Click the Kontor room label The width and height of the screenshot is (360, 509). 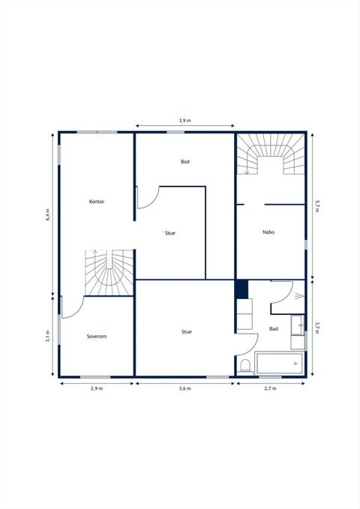pos(97,202)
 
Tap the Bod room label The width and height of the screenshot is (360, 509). pos(185,162)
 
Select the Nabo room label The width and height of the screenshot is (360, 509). pos(268,232)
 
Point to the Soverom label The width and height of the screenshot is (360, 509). pos(97,337)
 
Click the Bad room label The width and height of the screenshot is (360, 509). pos(274,329)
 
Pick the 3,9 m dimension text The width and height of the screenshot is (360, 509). pos(184,121)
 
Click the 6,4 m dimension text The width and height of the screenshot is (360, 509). pos(48,214)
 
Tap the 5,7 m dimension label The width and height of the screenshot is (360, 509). pos(317,206)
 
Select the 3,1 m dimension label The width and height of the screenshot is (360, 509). pos(48,336)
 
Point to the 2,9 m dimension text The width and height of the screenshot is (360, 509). pos(97,388)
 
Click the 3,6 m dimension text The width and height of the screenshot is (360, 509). pos(184,388)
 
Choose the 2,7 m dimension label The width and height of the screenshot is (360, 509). pos(270,388)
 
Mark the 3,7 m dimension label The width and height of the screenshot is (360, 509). pos(317,328)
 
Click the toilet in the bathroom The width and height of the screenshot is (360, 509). pos(245,367)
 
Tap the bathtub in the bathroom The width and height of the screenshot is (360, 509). pos(280,364)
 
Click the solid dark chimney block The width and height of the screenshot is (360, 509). pos(241,289)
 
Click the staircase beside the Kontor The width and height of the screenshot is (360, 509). pos(109,273)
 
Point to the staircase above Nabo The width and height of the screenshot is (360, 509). pos(270,154)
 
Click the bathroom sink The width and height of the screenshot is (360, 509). pos(297,325)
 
